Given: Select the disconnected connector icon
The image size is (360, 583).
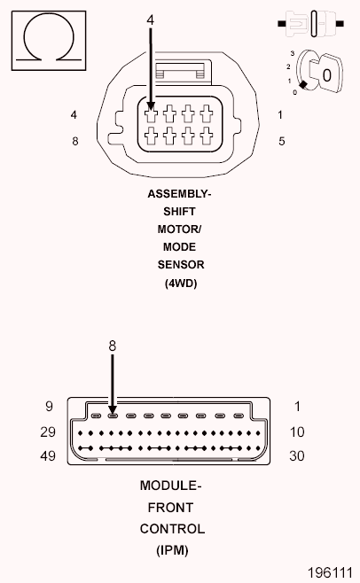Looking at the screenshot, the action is pos(311,24).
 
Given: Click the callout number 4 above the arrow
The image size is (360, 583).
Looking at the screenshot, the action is pos(150,20).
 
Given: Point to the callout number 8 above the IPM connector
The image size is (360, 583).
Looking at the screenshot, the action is pos(113,346).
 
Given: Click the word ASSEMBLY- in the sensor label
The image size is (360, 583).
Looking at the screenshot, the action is pos(179,194).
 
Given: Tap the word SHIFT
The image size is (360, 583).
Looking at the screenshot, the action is pos(179,212).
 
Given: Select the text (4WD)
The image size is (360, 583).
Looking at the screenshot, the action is pos(181,284).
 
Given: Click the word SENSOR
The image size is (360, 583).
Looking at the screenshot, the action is pos(181,265).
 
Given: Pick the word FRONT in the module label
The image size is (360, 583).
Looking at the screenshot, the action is pos(170,508).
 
